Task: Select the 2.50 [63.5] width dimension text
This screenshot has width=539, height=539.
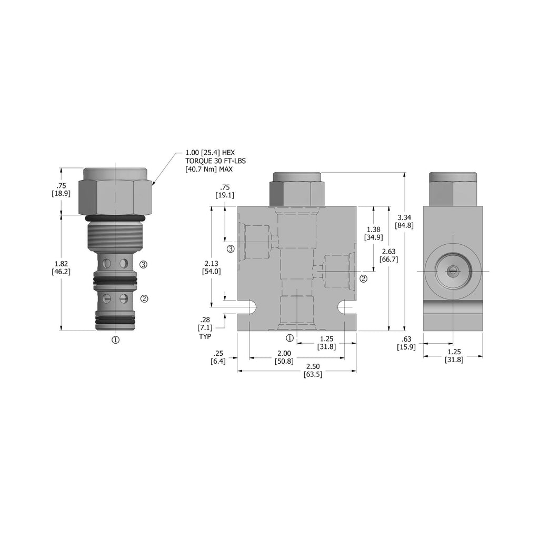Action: [313, 370]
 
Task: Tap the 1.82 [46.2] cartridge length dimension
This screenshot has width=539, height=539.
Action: [61, 268]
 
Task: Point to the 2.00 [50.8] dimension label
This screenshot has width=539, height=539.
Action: [284, 357]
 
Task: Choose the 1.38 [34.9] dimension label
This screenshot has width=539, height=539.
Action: [373, 233]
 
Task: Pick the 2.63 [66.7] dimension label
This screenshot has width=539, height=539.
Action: [389, 255]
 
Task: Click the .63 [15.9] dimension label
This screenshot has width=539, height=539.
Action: [406, 343]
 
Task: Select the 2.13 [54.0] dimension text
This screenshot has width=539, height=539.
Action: [212, 267]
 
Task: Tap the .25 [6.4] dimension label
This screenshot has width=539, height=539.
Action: [218, 357]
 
